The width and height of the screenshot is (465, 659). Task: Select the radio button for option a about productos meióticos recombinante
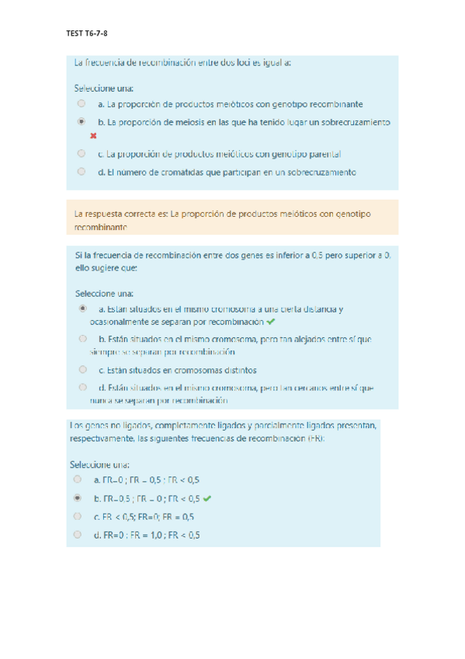(81, 103)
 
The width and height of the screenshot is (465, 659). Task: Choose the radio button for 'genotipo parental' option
(81, 154)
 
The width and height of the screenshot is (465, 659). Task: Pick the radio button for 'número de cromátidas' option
(81, 172)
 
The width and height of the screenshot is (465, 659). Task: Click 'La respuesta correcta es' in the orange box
(120, 213)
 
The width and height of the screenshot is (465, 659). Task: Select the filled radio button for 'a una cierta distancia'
(82, 309)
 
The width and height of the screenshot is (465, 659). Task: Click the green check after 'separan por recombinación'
(269, 321)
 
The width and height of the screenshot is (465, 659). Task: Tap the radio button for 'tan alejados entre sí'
(82, 339)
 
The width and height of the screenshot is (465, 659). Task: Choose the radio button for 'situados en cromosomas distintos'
(82, 370)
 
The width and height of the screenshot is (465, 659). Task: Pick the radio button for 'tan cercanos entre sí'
(82, 387)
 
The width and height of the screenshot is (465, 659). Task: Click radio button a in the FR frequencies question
(78, 479)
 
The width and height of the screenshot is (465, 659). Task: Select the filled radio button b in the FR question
(78, 498)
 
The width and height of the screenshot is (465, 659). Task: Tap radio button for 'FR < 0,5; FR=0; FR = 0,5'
(78, 516)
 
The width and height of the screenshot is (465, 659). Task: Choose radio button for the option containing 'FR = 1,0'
(78, 535)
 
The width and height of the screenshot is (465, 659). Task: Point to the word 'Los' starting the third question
(76, 426)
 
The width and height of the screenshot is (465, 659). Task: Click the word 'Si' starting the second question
(78, 254)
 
